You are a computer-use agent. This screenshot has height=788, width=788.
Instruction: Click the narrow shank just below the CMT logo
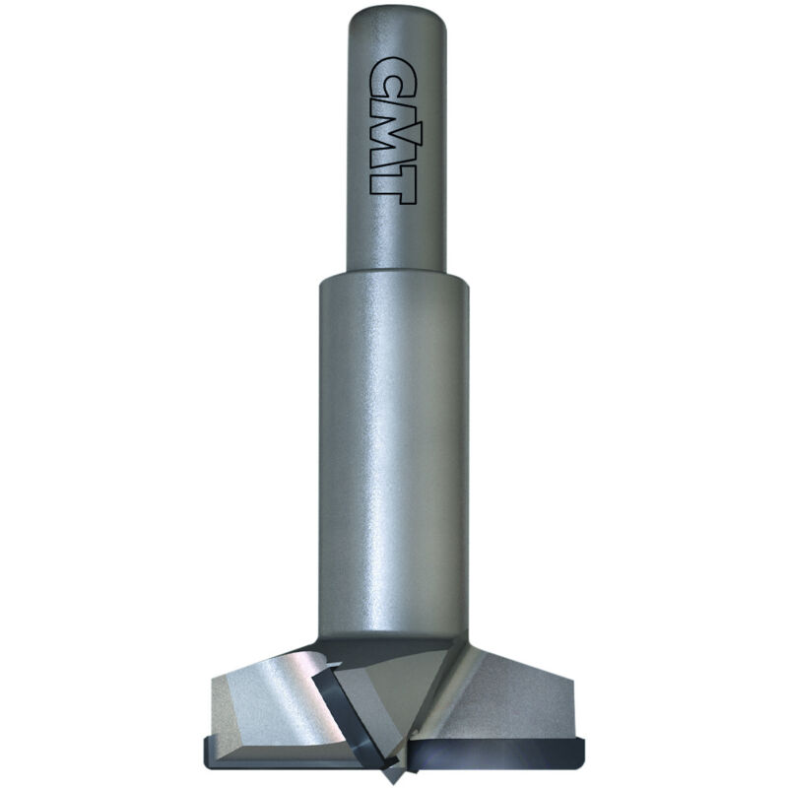(x=397, y=236)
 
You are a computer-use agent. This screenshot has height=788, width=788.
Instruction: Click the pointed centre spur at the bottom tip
(x=392, y=775)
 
